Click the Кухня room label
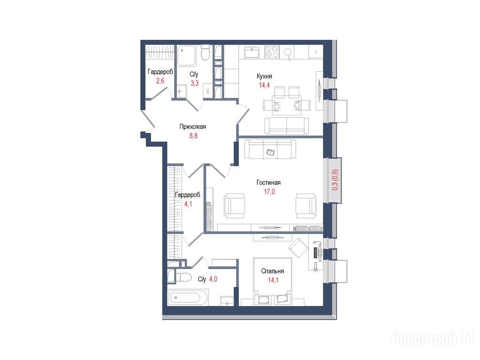pyautogui.click(x=264, y=76)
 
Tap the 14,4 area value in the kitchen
pyautogui.click(x=264, y=85)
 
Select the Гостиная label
pyautogui.click(x=269, y=182)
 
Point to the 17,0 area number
pyautogui.click(x=270, y=192)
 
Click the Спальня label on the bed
pyautogui.click(x=272, y=271)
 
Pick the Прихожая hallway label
pyautogui.click(x=193, y=127)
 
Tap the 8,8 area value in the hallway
pyautogui.click(x=194, y=136)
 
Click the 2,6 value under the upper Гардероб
pyautogui.click(x=160, y=81)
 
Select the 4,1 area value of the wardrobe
pyautogui.click(x=188, y=204)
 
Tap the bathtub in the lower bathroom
pyautogui.click(x=188, y=297)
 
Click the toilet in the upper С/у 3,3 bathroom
pyautogui.click(x=205, y=52)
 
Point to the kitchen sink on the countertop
pyautogui.click(x=252, y=52)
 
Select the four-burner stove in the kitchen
pyautogui.click(x=272, y=52)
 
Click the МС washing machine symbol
pyautogui.click(x=208, y=91)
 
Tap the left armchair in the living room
pyautogui.click(x=234, y=206)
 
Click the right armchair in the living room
pyautogui.click(x=306, y=206)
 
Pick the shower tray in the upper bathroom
pyautogui.click(x=187, y=56)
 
